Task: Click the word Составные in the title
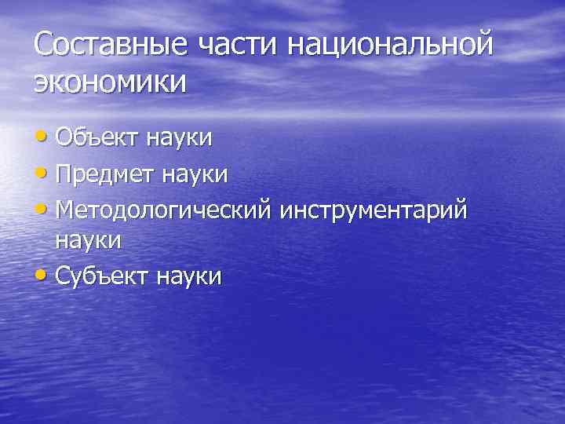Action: click(111, 45)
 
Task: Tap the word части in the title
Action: click(238, 45)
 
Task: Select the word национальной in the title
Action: click(390, 45)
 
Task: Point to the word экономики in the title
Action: click(111, 82)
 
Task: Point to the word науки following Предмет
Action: click(195, 173)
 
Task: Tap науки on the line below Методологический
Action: click(89, 240)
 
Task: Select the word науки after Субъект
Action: click(189, 276)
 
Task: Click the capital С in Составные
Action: click(46, 45)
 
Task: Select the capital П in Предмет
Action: click(66, 173)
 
